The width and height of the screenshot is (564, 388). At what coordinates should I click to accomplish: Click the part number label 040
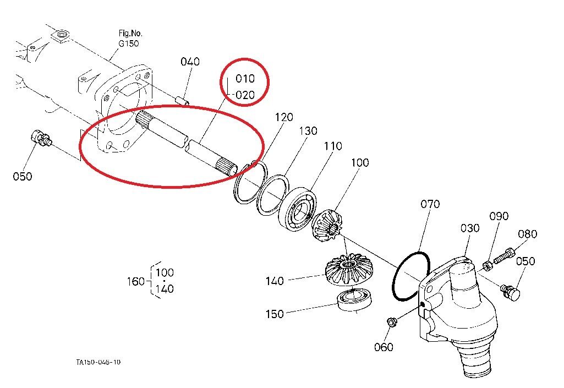tap(190, 62)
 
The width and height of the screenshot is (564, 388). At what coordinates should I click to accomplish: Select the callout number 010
tap(245, 79)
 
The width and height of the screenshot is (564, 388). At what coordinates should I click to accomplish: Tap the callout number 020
tap(245, 95)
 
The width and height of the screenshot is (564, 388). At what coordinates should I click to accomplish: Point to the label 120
tap(284, 117)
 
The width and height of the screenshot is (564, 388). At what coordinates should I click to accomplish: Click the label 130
tap(308, 132)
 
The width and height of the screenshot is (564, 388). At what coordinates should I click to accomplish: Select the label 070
tap(430, 204)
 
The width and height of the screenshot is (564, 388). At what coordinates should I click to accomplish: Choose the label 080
tap(527, 234)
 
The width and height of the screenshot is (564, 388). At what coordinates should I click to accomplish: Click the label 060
tap(384, 347)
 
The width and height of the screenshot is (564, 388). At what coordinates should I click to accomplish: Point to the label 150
tap(275, 314)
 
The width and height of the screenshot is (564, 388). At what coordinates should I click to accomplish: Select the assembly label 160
tap(136, 281)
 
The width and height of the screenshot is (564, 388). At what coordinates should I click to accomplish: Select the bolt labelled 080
tap(505, 255)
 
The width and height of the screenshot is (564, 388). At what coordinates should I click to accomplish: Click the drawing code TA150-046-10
tap(98, 362)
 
